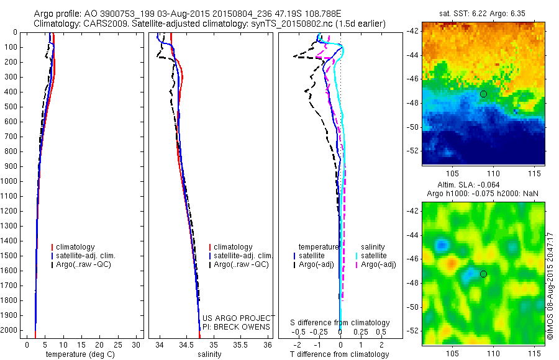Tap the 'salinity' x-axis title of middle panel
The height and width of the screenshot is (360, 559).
coord(209,354)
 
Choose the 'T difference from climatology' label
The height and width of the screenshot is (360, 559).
coord(340,354)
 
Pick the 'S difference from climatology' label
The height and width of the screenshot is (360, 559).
coord(340,323)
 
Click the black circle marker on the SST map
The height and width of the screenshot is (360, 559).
coord(483,94)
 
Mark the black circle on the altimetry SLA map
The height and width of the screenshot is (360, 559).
coord(483,274)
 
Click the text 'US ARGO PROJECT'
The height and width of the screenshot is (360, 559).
coord(237,318)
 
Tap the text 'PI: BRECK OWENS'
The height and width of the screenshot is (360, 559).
coord(237,327)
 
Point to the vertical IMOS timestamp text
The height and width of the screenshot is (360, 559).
coord(550,283)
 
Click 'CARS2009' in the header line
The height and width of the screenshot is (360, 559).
coord(100,24)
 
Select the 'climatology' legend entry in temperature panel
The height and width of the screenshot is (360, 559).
coord(76,247)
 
